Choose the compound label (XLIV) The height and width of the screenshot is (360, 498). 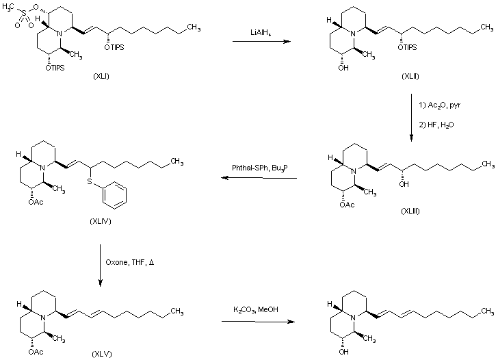pos(101,204)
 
